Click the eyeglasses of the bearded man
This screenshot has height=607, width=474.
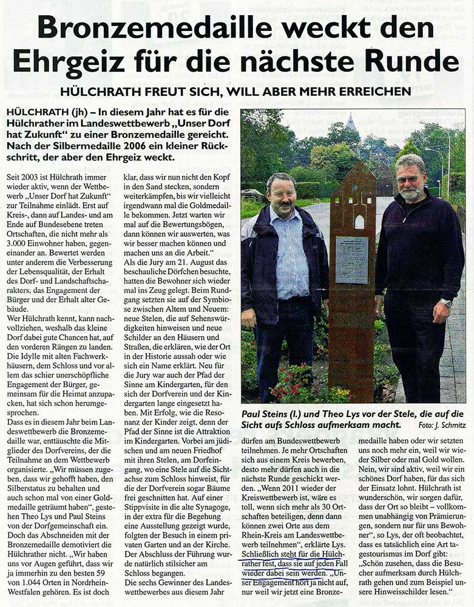click(409, 180)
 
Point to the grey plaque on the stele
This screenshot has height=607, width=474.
click(352, 260)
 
